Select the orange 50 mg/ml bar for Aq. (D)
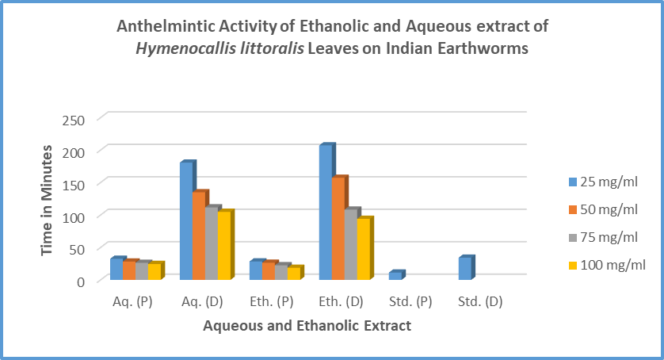point(199,236)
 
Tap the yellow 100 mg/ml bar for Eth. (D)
point(364,249)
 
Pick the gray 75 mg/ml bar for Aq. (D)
point(212,244)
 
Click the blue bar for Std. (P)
point(395,276)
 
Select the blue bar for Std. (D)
point(465,269)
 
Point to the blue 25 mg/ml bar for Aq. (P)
point(116,270)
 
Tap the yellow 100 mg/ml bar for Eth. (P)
point(294,274)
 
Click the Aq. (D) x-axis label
point(201,301)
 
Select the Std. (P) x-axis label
point(410,301)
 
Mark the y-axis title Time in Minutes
point(48,200)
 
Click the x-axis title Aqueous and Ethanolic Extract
point(307,325)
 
